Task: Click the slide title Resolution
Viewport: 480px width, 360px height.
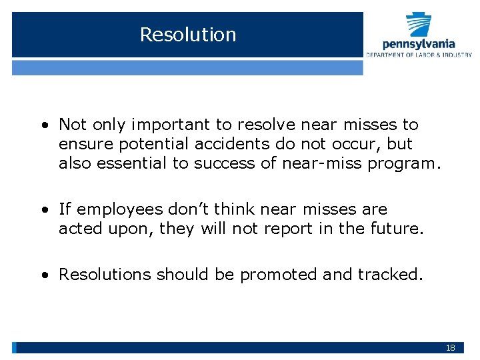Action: pos(188,35)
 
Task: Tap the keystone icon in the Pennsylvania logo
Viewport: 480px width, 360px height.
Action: pos(419,25)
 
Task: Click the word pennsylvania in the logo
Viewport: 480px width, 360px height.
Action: pos(419,45)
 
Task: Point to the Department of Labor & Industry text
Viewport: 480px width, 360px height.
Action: pos(419,55)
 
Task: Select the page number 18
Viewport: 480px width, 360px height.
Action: pos(451,348)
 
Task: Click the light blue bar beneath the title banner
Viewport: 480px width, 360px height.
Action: pos(187,67)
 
